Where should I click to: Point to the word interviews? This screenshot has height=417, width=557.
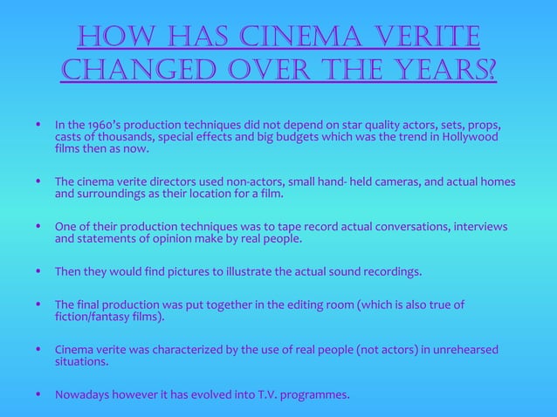pos(478,226)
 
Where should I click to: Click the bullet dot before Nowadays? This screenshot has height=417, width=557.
pos(38,394)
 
